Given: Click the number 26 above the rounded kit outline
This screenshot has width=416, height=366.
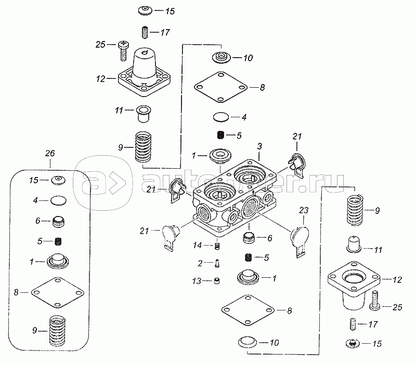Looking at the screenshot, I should pos(50,154).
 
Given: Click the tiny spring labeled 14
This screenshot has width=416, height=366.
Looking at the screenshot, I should pos(218,246).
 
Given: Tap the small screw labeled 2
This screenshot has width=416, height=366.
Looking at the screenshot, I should pos(217,263).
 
